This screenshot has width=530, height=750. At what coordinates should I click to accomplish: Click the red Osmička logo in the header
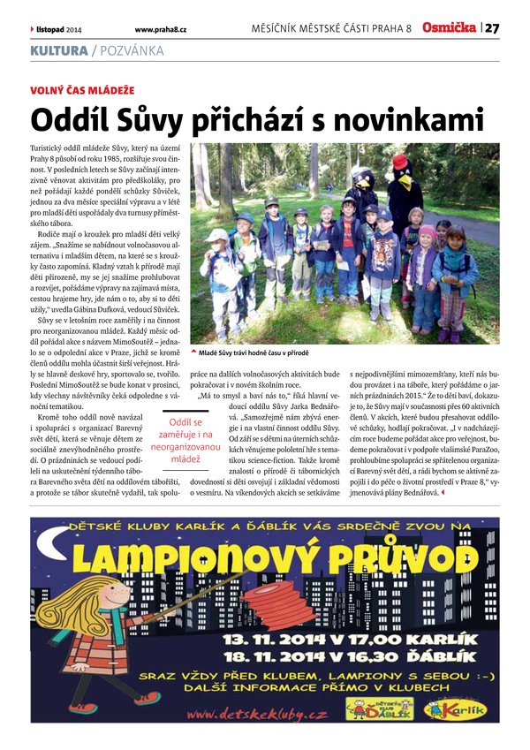pos(449,28)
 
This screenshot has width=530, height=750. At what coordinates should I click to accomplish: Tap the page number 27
pos(492,28)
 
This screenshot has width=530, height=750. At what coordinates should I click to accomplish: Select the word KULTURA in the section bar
pos(58,51)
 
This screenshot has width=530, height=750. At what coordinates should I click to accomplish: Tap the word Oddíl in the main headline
pos(66,119)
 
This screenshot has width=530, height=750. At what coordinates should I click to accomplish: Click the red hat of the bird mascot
pos(401,162)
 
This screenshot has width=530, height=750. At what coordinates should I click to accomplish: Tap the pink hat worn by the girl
pos(428,231)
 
